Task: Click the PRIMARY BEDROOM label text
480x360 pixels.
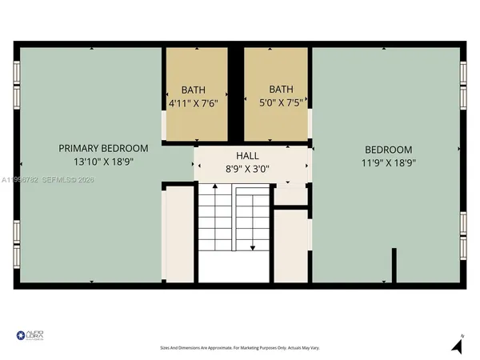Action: pyautogui.click(x=103, y=148)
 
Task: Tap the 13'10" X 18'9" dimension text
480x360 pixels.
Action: pyautogui.click(x=103, y=162)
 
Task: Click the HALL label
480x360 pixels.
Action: pyautogui.click(x=246, y=155)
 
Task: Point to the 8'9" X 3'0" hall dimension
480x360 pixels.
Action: pyautogui.click(x=246, y=169)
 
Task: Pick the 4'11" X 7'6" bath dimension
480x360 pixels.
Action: pyautogui.click(x=193, y=103)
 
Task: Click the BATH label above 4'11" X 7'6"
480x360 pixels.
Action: pyautogui.click(x=193, y=90)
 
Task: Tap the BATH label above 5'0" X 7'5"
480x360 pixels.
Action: pyautogui.click(x=281, y=90)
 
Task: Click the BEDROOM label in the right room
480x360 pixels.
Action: pyautogui.click(x=388, y=150)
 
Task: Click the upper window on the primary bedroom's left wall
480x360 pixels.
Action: pyautogui.click(x=17, y=85)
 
